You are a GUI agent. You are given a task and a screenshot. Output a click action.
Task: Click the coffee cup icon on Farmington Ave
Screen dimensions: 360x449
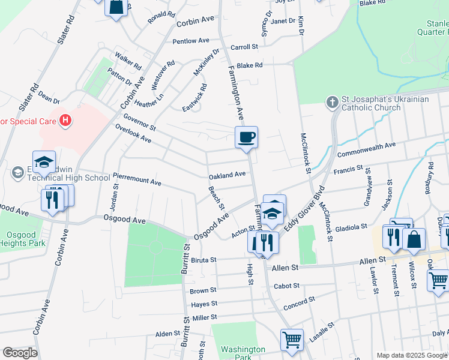[x=246, y=137]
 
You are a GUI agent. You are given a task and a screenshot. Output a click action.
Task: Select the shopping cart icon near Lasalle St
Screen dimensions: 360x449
[x=292, y=340]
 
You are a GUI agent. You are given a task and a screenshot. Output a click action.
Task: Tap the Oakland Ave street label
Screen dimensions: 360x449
[x=227, y=175]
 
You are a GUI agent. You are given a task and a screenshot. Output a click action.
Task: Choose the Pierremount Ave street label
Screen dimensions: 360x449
[x=137, y=179]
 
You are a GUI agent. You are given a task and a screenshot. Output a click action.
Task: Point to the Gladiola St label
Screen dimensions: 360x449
[x=352, y=227]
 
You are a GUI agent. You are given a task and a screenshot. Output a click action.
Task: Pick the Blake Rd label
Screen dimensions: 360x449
[x=250, y=65]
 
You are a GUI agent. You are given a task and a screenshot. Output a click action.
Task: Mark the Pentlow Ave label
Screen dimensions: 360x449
[x=190, y=41]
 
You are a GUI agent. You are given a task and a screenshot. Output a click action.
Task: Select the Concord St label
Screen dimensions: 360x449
[x=300, y=301]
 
